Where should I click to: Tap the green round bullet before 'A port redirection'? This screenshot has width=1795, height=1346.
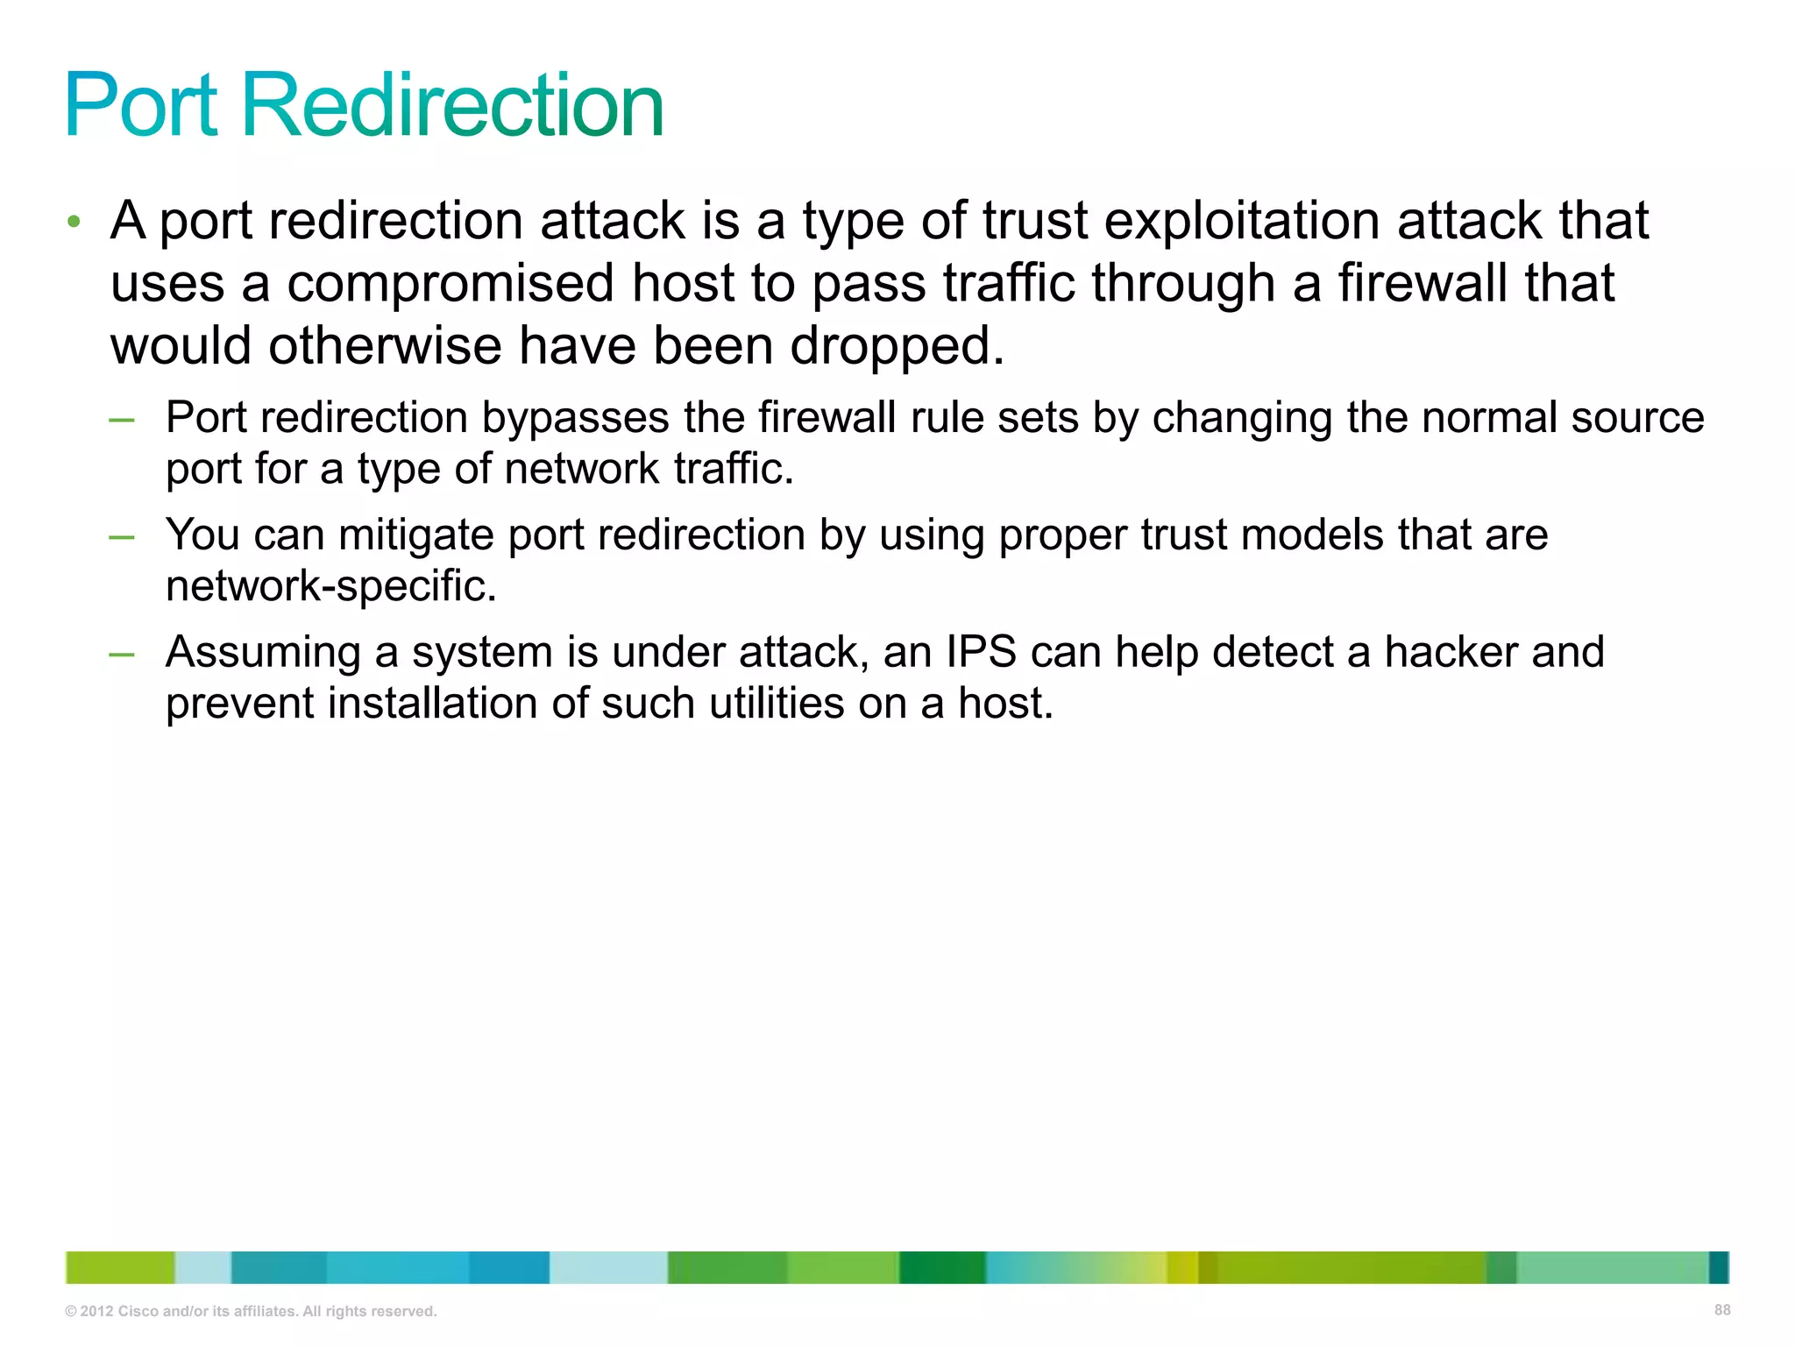click(74, 221)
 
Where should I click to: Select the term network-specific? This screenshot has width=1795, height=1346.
click(330, 586)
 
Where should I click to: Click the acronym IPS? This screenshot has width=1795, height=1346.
click(981, 652)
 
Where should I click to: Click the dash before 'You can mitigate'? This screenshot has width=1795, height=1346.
click(122, 536)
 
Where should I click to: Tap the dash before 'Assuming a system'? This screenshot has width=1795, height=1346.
click(122, 654)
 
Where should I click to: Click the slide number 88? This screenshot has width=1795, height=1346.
click(1722, 1310)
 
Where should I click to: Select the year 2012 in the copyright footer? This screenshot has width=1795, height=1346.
click(96, 1312)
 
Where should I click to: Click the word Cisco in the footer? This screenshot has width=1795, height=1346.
click(138, 1312)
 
